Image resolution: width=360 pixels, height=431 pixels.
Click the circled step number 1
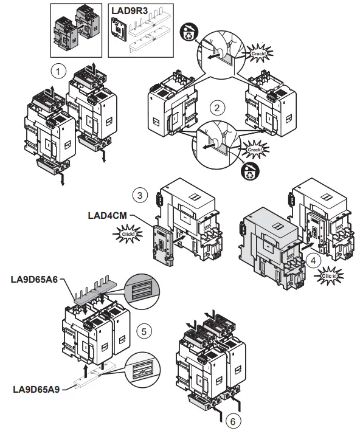[x=58, y=71]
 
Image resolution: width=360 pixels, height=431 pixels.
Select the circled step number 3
[x=140, y=196]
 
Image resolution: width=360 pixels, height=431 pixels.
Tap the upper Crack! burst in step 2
[x=257, y=53]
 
